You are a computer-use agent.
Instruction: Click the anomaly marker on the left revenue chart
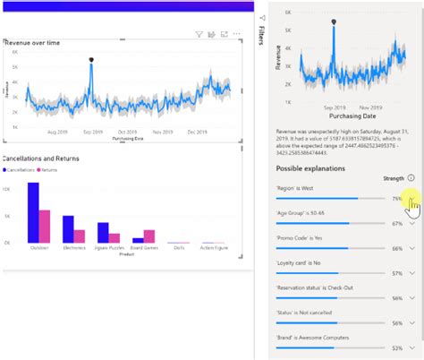(x=91, y=60)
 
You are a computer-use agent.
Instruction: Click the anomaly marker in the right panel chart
(x=334, y=21)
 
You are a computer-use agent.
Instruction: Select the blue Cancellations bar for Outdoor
(x=33, y=212)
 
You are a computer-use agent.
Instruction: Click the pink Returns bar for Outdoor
(x=45, y=226)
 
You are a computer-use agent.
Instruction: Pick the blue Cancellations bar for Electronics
(x=68, y=228)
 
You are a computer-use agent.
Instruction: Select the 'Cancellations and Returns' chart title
(x=42, y=159)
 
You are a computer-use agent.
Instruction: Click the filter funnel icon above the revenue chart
(x=199, y=35)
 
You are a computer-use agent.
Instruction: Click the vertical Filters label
(x=260, y=36)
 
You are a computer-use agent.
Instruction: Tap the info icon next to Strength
(x=411, y=178)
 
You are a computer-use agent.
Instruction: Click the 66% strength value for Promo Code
(x=396, y=248)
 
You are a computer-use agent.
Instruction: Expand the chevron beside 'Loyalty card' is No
(x=411, y=273)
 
